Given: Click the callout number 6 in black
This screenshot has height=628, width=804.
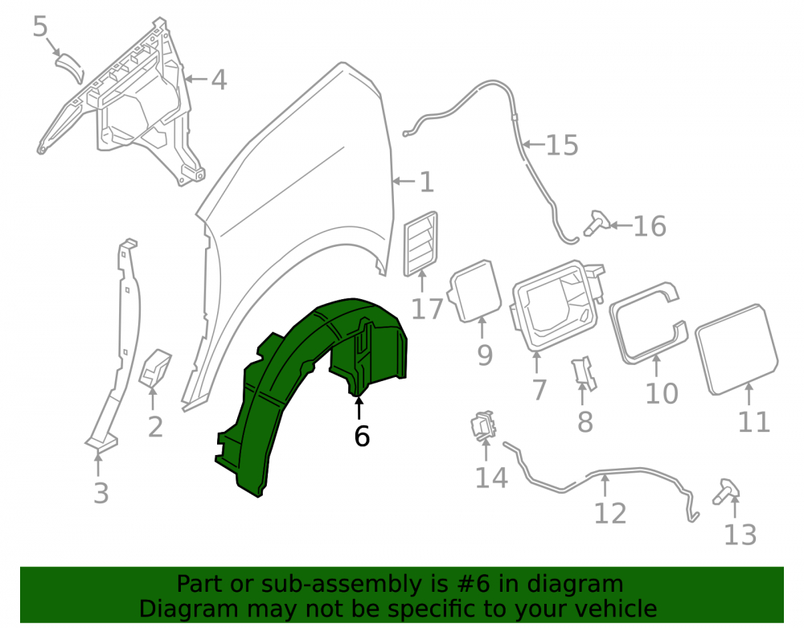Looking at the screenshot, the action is pos(362,437).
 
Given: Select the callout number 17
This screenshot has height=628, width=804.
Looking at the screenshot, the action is pos(427,309).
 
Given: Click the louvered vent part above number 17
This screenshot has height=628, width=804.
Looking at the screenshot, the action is pos(421,243).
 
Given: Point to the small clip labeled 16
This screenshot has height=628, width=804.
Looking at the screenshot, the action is pos(597,224).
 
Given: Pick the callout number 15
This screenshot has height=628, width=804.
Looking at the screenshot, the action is pos(563,145).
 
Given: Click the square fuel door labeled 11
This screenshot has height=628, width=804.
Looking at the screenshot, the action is pos(736,350).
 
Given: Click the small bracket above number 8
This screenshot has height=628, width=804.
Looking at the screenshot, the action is pos(584,374).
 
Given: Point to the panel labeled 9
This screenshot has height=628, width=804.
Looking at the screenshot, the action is pos(475,290).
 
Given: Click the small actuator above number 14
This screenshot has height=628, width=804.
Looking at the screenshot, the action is pos(483,425).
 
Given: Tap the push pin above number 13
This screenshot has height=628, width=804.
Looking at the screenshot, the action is pos(726,491).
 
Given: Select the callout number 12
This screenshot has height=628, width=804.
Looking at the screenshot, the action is pos(610,513).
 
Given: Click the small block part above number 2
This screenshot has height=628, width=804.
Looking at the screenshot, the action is pos(155,367).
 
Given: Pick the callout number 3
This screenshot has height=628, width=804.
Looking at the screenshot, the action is pos(101,493).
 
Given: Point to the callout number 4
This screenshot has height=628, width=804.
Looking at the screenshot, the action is pos(219,80).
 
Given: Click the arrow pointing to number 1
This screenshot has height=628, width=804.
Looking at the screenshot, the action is pos(404,181).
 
